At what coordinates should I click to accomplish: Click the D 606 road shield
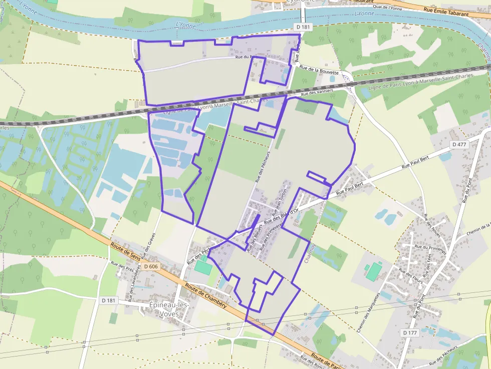[150, 266]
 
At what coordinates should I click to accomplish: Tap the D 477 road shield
[458, 145]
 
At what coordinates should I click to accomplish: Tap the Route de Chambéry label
[205, 295]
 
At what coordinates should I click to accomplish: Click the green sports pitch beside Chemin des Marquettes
[373, 271]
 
